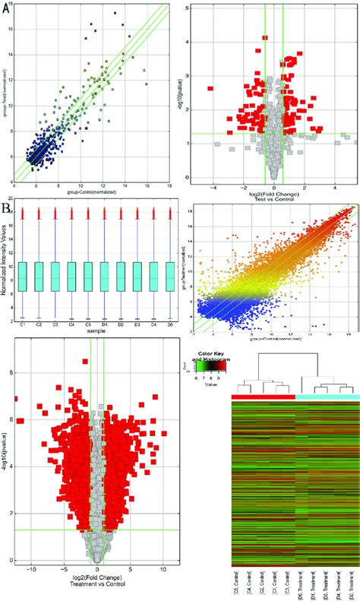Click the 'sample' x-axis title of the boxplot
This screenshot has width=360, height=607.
coord(96,332)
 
